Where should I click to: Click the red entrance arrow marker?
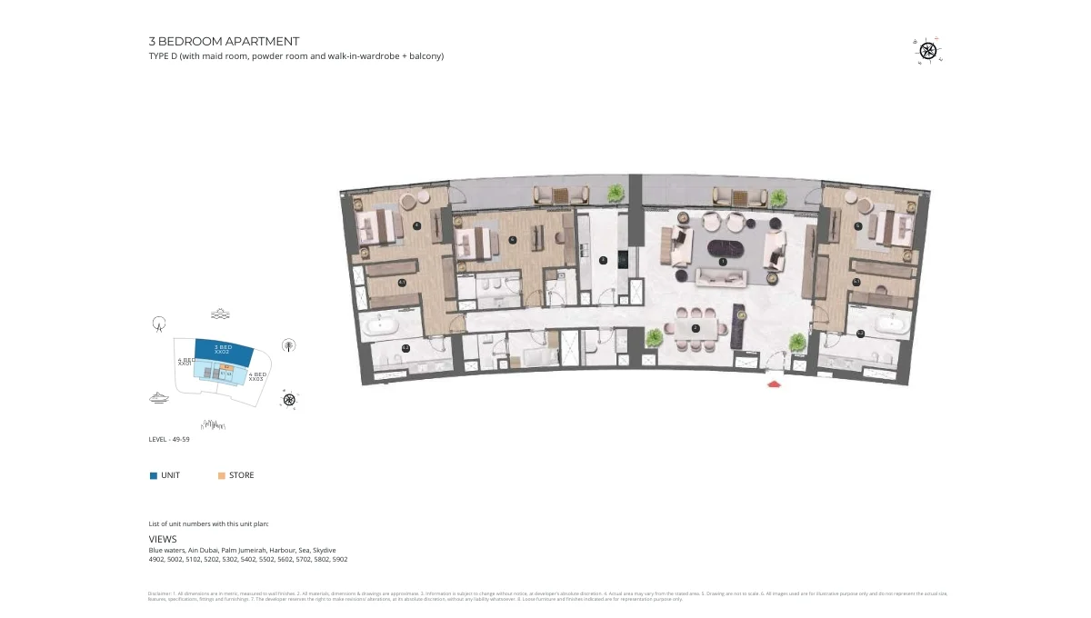775,385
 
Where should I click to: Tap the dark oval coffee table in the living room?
723,251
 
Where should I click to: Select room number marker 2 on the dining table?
696,328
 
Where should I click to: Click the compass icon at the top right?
927,51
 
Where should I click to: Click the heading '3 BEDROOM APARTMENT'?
224,42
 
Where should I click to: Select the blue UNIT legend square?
154,475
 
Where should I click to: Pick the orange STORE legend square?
222,475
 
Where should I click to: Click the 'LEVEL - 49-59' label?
169,440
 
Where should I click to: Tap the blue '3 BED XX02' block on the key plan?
223,350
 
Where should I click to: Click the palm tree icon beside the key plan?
289,345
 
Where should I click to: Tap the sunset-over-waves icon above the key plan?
219,314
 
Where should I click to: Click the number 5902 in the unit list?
339,560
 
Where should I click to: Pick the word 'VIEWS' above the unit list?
163,539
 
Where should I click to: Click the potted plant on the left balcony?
616,193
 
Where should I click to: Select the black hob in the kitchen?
622,258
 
